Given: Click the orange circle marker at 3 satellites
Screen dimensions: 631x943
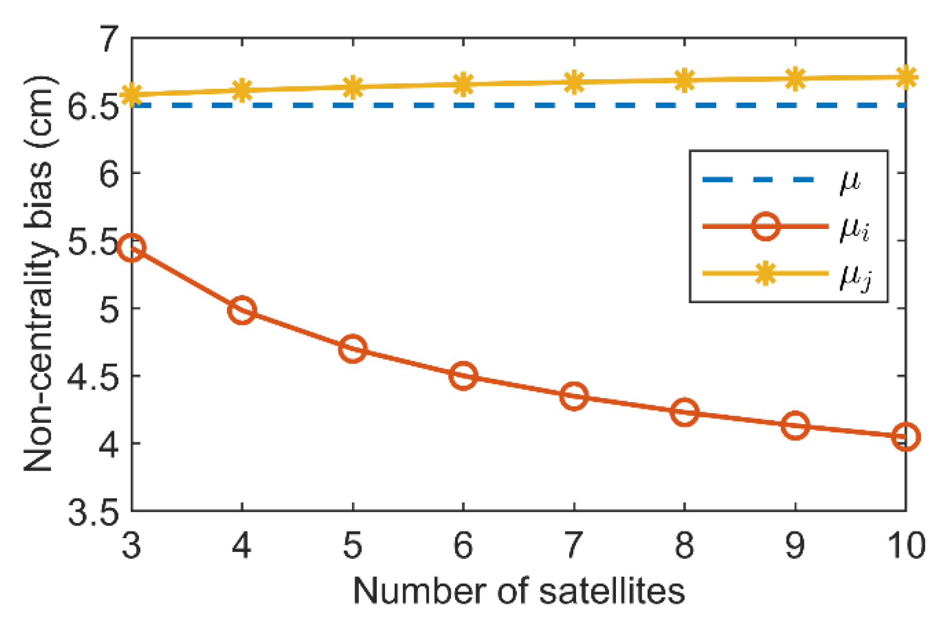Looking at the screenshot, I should [132, 248].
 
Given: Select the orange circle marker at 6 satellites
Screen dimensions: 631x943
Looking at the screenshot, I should [463, 376].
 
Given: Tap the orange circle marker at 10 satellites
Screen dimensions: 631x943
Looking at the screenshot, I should [906, 436].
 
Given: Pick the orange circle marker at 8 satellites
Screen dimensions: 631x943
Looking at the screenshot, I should [684, 412].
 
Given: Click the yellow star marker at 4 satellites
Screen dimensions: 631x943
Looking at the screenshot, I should [242, 90].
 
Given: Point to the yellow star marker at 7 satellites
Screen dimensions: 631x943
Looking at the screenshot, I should [574, 82].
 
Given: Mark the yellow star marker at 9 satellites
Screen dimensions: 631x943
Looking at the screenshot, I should [795, 79].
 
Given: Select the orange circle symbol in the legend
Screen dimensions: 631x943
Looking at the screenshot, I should [766, 226].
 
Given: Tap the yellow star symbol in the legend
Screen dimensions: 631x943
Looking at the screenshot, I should [766, 273].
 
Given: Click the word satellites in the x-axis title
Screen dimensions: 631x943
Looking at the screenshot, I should [612, 590].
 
